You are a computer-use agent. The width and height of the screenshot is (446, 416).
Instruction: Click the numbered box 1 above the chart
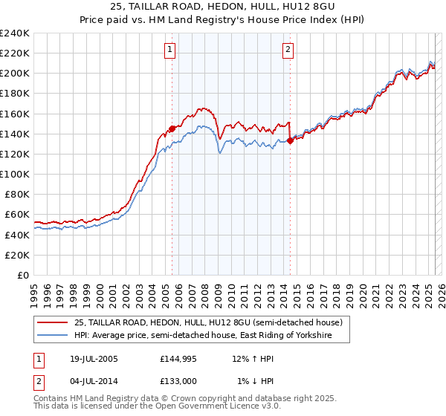170,50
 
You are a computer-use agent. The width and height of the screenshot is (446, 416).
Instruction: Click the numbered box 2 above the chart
288,50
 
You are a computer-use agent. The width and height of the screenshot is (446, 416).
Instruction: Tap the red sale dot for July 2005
172,129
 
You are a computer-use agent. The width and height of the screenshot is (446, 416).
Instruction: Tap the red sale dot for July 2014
290,140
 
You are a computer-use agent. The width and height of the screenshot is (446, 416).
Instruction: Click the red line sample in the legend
53,322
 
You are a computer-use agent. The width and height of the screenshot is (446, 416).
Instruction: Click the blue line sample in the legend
53,336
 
